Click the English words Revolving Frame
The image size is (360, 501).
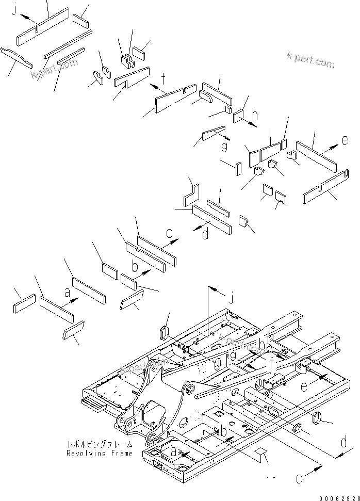(100, 453)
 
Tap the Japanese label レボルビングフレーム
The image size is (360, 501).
(100, 444)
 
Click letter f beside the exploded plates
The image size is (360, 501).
(163, 79)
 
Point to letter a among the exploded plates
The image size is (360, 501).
(67, 293)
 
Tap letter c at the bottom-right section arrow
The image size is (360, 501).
(300, 479)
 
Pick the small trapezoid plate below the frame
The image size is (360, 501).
(262, 456)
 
